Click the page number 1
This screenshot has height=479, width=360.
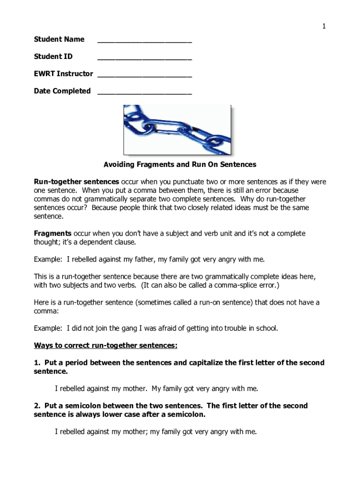323,27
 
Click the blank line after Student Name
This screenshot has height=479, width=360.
144,42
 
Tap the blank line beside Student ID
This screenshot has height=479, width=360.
144,59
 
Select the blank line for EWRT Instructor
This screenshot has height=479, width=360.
144,76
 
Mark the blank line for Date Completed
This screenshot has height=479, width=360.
144,94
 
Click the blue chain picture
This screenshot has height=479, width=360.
177,130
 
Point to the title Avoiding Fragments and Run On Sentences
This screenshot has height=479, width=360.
180,165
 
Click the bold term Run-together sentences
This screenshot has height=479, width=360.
76,182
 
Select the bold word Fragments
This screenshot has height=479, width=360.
52,233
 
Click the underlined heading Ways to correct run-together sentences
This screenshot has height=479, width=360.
106,346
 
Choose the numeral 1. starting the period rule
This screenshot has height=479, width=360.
36,363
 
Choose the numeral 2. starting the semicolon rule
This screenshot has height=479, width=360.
36,406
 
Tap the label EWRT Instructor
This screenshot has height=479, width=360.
63,74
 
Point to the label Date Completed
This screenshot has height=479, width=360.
62,91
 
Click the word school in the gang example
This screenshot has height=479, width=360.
266,328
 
